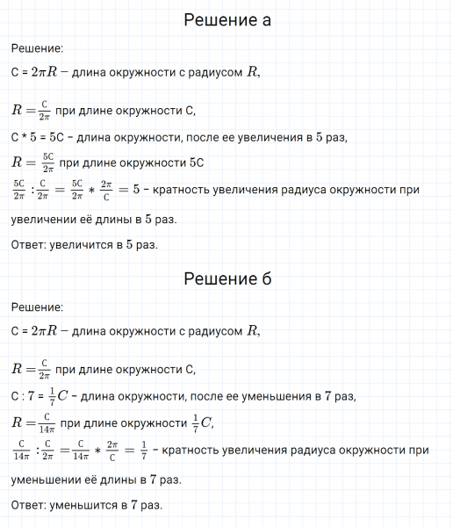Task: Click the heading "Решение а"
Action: pos(226,20)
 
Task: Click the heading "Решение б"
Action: pos(226,279)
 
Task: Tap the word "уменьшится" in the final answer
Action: pos(82,505)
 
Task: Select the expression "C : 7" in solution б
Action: pos(25,396)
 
